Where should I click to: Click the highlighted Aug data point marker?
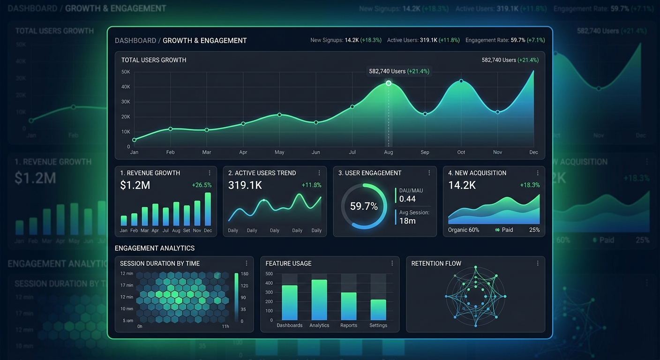point(389,83)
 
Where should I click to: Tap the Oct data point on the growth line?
point(461,81)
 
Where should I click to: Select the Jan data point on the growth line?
point(135,140)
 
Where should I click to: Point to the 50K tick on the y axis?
point(126,72)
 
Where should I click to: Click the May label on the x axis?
point(279,152)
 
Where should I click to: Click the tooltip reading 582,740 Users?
point(399,71)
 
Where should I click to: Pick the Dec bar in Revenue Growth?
point(208,209)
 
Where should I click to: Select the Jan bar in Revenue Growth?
point(124,221)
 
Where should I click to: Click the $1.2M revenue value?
point(135,185)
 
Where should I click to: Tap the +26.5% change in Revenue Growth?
point(202,185)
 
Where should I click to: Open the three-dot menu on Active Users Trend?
point(319,173)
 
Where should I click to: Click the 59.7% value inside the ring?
point(364,206)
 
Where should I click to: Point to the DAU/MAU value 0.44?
point(407,199)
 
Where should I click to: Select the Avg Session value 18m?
point(407,221)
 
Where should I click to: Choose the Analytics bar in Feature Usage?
point(319,300)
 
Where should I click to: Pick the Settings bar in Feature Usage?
point(378,310)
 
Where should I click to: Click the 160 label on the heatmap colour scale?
point(244,274)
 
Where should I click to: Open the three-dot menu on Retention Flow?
point(538,263)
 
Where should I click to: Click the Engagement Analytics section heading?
point(155,248)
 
